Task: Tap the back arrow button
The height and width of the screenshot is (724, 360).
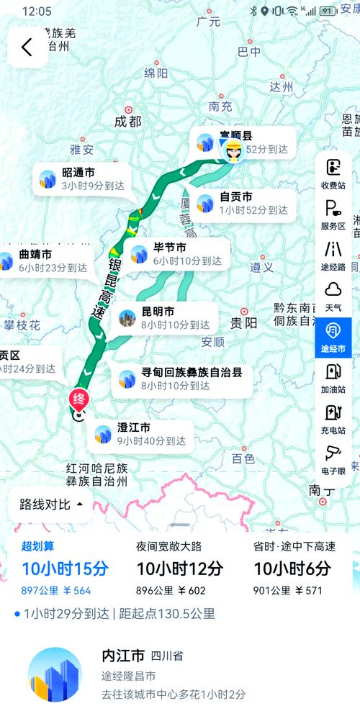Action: coord(27,47)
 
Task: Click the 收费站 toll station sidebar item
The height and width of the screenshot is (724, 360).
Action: coord(333,173)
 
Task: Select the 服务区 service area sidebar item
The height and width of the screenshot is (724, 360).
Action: coord(333,214)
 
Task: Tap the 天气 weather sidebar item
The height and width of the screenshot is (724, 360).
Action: coord(333,296)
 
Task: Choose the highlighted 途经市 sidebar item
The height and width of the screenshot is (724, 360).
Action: coord(333,337)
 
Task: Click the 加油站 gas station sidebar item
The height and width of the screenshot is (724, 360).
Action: coord(333,378)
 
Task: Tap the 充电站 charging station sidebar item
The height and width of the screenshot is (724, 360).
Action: coord(333,419)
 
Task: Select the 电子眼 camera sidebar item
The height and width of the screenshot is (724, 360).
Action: coord(333,459)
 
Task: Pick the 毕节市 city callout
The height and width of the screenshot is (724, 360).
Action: coord(177,255)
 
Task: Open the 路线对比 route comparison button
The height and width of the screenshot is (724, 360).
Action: coord(51,504)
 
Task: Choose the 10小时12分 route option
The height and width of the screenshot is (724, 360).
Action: coord(180,569)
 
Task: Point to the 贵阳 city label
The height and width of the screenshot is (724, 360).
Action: coord(243,322)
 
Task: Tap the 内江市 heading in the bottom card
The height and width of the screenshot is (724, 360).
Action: coord(123,656)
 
